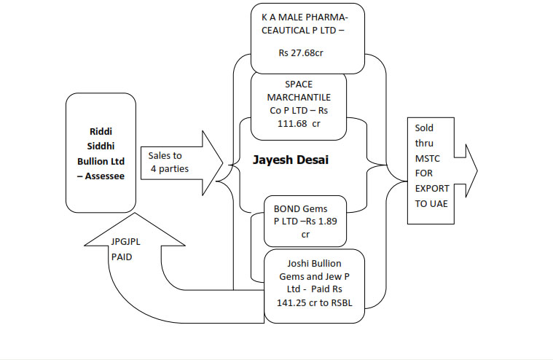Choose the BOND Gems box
[305, 222]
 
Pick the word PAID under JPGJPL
[123, 257]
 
